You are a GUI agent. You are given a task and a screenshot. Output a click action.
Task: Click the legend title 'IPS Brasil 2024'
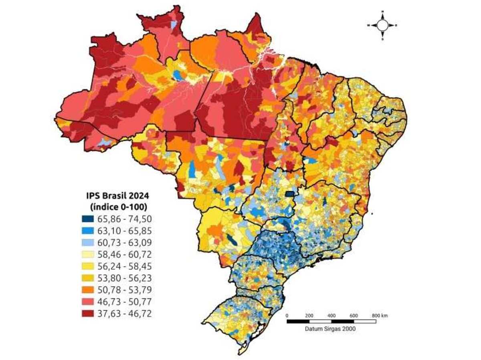[x=116, y=196]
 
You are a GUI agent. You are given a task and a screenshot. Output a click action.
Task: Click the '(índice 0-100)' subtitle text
[x=116, y=207]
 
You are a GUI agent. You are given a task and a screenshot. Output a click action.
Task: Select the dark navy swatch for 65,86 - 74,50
[x=88, y=219]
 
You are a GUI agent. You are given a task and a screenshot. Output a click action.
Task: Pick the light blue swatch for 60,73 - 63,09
[x=88, y=243]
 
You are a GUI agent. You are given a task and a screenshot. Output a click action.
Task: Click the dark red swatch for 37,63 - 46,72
[x=88, y=314]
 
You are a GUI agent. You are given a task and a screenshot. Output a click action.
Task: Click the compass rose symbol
[x=382, y=25]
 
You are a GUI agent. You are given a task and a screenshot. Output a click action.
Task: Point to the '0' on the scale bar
[x=287, y=316]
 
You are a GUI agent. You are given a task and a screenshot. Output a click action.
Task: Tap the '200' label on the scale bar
[x=309, y=316]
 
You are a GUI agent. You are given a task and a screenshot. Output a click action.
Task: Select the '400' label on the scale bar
[x=331, y=316]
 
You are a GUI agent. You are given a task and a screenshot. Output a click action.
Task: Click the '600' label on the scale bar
[x=354, y=316]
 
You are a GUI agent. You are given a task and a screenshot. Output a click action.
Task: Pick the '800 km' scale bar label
[x=379, y=316]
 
